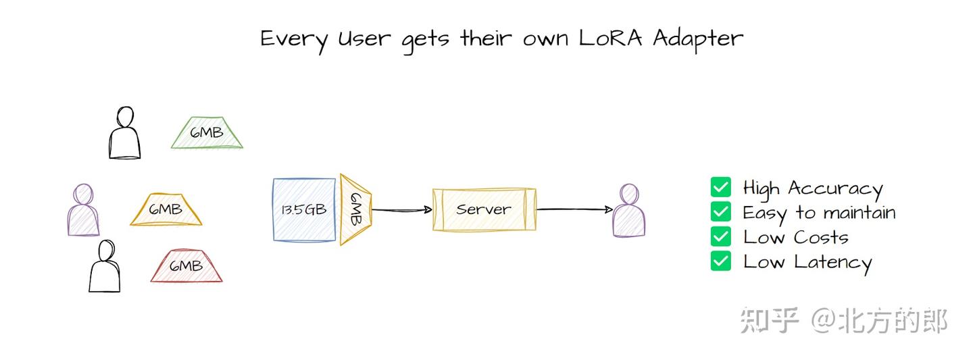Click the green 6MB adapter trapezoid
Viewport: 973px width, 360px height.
click(207, 133)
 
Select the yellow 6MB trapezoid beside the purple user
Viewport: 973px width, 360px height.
click(166, 210)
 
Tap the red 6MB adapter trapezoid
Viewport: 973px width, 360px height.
click(186, 266)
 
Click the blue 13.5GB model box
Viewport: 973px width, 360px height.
click(304, 209)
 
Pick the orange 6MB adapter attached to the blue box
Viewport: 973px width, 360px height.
click(355, 209)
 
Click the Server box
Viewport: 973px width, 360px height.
click(484, 210)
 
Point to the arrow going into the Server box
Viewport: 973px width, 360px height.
click(402, 210)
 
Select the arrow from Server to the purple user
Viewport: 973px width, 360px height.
click(574, 210)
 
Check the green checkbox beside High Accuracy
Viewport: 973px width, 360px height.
click(721, 187)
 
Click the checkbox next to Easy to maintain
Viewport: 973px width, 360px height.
click(721, 212)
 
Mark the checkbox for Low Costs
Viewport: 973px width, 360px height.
click(721, 237)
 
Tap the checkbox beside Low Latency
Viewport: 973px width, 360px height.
click(721, 261)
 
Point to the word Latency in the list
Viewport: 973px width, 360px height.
click(832, 263)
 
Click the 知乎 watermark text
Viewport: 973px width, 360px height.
click(770, 320)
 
